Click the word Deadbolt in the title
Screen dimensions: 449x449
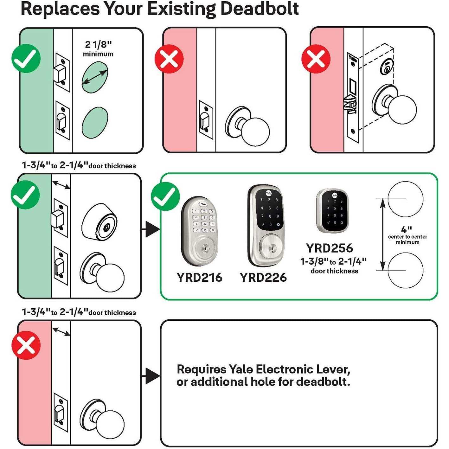(259, 9)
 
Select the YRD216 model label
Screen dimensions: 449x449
(199, 278)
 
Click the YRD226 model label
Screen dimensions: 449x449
(263, 278)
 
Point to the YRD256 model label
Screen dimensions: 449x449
(329, 248)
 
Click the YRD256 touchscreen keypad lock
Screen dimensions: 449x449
(332, 210)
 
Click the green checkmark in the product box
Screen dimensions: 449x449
(165, 196)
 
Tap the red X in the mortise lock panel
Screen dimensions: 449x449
(316, 59)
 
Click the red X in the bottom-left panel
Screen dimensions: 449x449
(26, 345)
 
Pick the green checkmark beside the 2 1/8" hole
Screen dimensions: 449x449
(26, 59)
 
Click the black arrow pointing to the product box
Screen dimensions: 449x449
(151, 229)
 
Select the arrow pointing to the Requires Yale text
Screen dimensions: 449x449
(151, 376)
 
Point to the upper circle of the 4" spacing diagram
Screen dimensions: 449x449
(405, 199)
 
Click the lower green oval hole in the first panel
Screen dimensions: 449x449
(95, 123)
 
